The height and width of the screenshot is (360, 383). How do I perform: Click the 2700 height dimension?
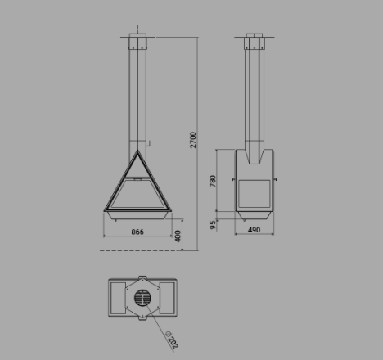point(193,140)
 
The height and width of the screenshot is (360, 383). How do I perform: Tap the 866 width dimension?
point(137,232)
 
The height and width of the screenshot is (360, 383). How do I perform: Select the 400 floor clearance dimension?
point(178,236)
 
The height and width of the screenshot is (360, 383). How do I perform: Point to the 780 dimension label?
point(213,181)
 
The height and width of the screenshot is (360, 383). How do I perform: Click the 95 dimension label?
point(213,225)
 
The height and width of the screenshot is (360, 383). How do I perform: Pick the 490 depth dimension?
point(254,230)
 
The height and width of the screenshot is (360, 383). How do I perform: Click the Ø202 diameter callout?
point(173,340)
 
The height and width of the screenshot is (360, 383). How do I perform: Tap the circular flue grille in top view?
point(142,298)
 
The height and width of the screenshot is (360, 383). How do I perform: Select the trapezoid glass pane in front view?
point(137,193)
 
